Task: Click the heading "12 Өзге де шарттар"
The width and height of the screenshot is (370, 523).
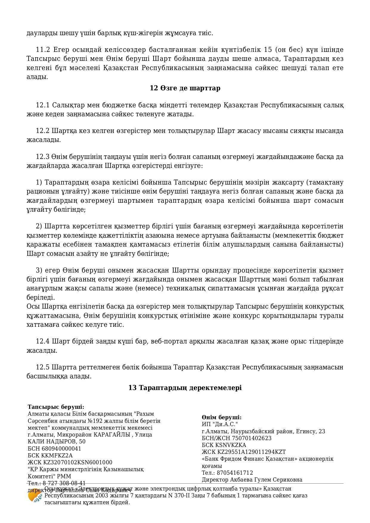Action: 185,88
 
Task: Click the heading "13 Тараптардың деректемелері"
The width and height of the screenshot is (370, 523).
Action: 185,388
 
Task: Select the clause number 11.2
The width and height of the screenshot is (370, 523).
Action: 42,49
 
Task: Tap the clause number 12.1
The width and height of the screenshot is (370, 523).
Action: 42,105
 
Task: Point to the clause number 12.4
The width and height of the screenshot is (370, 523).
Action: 42,341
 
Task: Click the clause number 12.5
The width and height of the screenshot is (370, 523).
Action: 42,367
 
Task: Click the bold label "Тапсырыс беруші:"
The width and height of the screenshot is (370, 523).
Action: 56,407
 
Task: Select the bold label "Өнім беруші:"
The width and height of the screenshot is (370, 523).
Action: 222,417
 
